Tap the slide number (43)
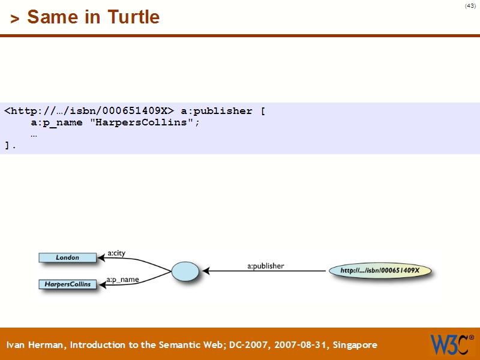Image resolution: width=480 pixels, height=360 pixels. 470,6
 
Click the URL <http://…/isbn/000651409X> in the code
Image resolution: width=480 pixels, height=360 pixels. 89,111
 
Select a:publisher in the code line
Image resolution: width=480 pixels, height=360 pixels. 217,111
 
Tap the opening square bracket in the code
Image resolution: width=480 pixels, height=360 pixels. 263,111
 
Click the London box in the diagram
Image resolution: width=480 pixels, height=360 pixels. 67,257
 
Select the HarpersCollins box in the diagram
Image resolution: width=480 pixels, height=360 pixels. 67,284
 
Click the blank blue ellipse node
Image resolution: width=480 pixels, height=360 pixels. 185,271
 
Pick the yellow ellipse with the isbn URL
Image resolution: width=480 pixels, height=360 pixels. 380,271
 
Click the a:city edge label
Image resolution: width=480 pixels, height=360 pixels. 116,253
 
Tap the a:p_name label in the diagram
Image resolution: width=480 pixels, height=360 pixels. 122,280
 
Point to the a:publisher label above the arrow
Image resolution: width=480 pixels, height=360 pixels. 266,265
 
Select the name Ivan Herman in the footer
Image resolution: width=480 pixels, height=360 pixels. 37,345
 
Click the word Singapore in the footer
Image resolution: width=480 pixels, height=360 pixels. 355,345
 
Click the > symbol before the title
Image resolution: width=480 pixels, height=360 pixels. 15,18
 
